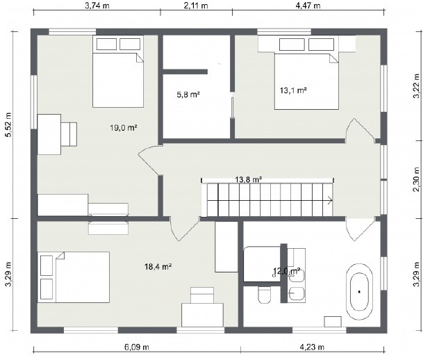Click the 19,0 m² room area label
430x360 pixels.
(x=124, y=128)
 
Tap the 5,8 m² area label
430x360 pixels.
(x=188, y=95)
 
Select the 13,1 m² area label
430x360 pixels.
(x=293, y=90)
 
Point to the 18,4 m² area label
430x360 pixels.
(x=158, y=266)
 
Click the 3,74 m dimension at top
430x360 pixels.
(x=97, y=6)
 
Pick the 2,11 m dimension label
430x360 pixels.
(x=196, y=6)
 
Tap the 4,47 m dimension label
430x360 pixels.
(x=308, y=6)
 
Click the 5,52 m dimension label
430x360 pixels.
(x=9, y=124)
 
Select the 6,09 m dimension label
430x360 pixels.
(x=137, y=347)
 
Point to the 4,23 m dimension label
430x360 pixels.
(x=312, y=347)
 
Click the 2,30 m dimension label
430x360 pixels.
(x=417, y=180)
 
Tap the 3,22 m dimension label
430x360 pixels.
(x=417, y=86)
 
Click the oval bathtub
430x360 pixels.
(x=360, y=292)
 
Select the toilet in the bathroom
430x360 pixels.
(x=265, y=295)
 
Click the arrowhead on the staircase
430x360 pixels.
(x=331, y=200)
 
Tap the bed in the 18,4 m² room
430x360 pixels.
(x=74, y=277)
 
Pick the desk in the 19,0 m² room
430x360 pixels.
(x=49, y=134)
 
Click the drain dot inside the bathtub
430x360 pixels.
(x=359, y=292)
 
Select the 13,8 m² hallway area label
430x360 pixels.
(x=249, y=180)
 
